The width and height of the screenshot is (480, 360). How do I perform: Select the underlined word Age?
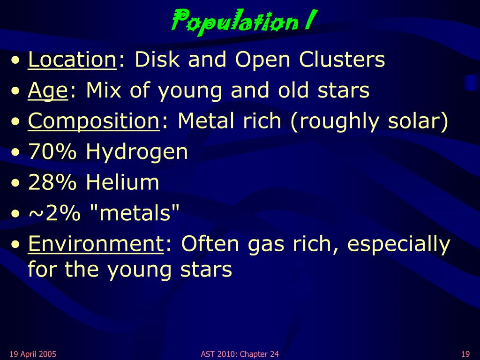click(x=47, y=91)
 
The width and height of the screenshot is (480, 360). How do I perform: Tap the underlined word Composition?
click(x=94, y=121)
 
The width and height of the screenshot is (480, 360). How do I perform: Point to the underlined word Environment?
click(x=96, y=244)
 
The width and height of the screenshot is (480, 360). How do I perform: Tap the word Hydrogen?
click(x=136, y=152)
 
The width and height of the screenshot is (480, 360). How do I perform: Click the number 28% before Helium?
click(x=52, y=182)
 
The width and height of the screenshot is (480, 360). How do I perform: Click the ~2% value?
click(x=54, y=213)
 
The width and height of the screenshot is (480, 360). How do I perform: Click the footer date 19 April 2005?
click(x=33, y=354)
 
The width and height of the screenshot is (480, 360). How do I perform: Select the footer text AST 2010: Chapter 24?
click(x=240, y=354)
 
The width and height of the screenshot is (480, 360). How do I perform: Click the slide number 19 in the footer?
click(x=465, y=354)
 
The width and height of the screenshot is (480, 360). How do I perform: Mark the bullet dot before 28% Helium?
click(x=15, y=183)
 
